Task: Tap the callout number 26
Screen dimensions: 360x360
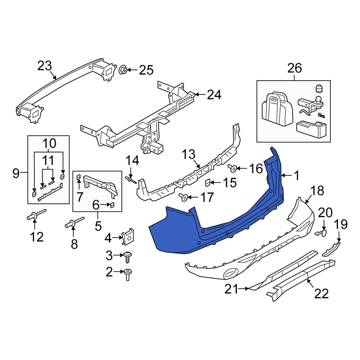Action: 294,68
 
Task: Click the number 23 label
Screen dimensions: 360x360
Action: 45,66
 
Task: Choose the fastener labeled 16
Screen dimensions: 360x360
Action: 232,168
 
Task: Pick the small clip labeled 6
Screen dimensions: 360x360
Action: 112,205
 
